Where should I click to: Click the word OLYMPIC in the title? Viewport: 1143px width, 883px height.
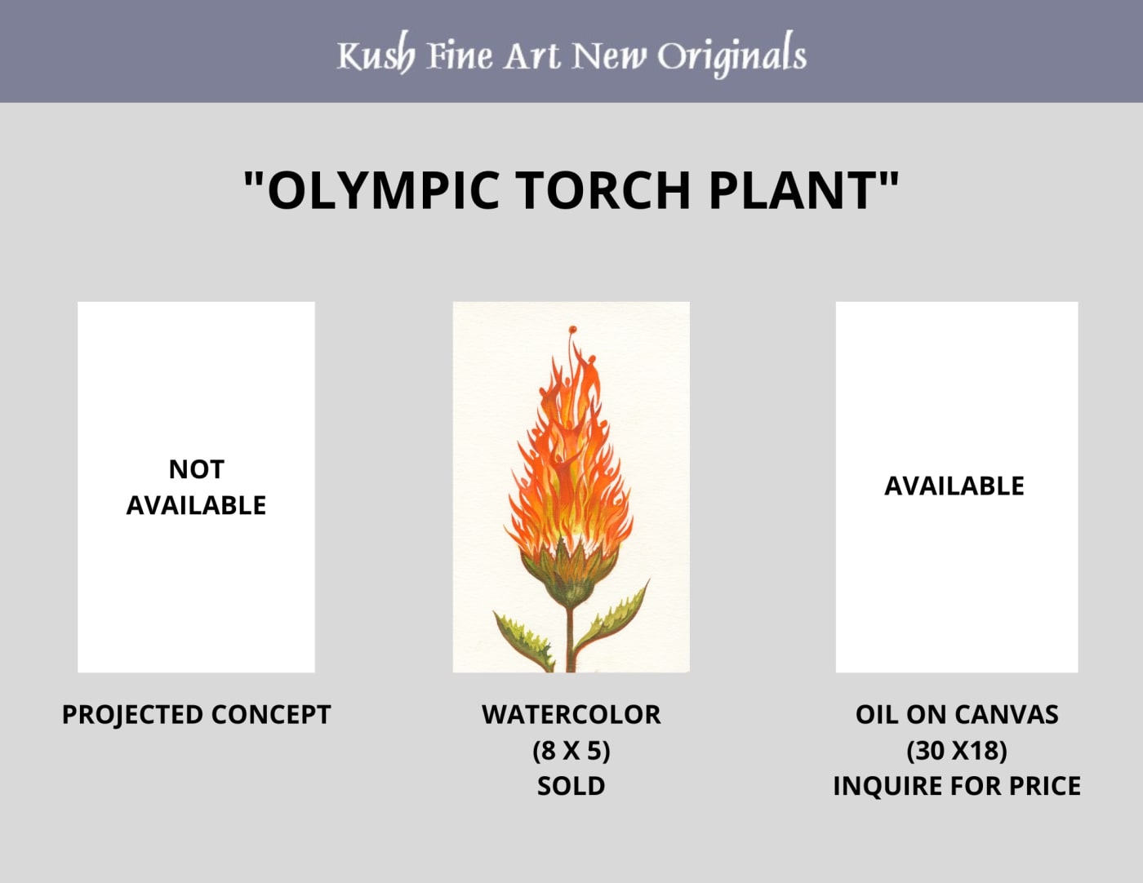pos(383,190)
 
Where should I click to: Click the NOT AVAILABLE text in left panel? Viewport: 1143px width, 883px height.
pos(196,487)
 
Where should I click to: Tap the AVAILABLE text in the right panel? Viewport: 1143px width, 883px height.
pos(954,486)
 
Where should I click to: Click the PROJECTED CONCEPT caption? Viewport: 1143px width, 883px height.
pos(196,715)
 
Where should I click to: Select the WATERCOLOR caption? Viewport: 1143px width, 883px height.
pos(571,715)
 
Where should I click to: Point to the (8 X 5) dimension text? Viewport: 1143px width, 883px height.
pos(571,751)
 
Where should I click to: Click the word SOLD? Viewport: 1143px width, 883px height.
pos(571,786)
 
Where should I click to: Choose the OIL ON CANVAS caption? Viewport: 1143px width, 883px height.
pos(957,715)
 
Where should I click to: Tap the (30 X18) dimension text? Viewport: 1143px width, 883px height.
pos(957,751)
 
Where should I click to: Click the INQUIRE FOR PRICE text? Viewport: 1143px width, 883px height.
pos(957,786)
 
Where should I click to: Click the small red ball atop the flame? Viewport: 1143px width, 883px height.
pos(572,330)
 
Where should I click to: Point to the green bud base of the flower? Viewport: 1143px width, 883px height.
pos(571,575)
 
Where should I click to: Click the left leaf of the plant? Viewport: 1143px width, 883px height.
pos(523,641)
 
